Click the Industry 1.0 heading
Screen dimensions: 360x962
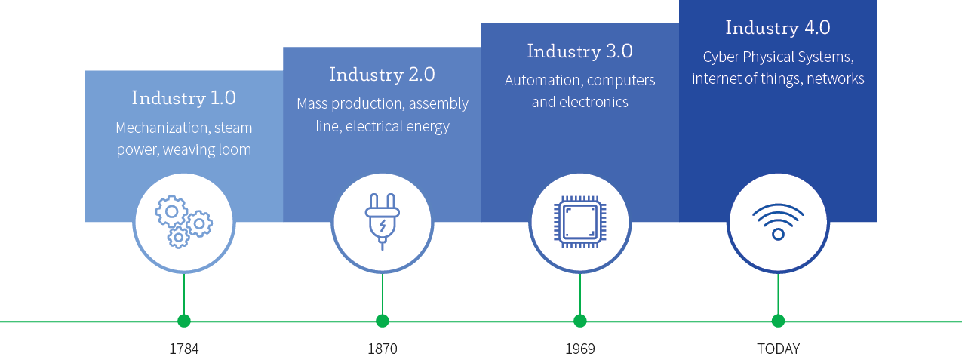[x=183, y=98]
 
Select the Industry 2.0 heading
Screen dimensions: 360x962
[x=382, y=75]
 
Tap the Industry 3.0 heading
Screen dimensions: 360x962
[x=579, y=51]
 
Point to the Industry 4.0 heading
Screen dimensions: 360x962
[x=778, y=28]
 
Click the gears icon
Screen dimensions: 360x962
[x=184, y=221]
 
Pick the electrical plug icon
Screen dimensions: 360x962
[x=382, y=221]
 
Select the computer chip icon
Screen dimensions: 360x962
[x=579, y=221]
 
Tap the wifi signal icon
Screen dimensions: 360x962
[x=778, y=221]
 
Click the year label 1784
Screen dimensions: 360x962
[x=183, y=349]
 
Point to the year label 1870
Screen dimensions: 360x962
[x=382, y=349]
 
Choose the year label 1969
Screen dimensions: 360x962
[x=579, y=349]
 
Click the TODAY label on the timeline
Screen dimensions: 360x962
[x=778, y=349]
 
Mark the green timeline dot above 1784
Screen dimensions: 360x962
[x=184, y=321]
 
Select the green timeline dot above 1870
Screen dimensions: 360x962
[x=383, y=321]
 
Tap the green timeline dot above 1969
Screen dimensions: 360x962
[x=579, y=321]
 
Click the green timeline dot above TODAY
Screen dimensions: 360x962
[x=778, y=321]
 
